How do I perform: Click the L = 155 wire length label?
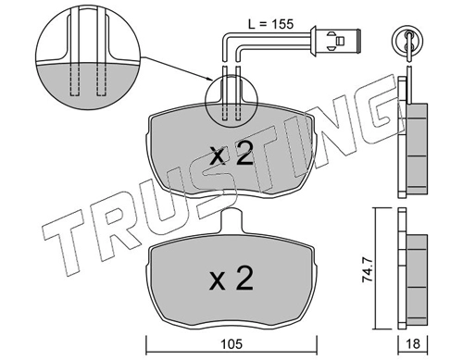pos(270,24)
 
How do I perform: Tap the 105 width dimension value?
pos(231,344)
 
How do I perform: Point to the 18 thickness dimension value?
pos(413,344)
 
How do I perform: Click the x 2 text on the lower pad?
pos(231,279)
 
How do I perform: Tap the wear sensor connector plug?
pos(336,41)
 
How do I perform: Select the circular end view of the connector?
pos(407,41)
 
